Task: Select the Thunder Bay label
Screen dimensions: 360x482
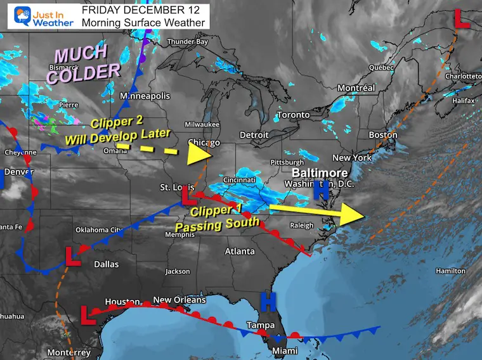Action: (187, 42)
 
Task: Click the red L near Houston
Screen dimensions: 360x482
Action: (86, 311)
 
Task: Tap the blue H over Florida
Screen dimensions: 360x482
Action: (269, 302)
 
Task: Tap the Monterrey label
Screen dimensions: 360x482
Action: (68, 352)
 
